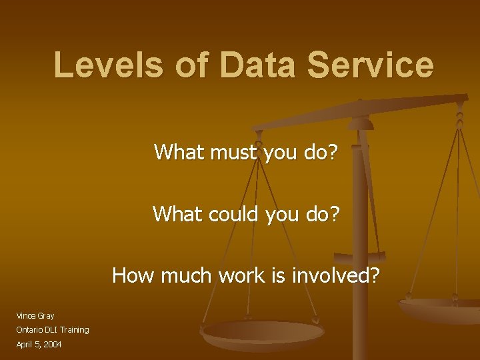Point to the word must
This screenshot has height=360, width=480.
point(227,153)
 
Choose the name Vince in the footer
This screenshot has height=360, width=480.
point(26,315)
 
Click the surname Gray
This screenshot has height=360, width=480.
point(46,316)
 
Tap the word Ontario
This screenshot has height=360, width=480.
point(30,330)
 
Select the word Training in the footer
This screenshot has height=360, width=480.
point(76,330)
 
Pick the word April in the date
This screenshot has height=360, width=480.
point(25,344)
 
